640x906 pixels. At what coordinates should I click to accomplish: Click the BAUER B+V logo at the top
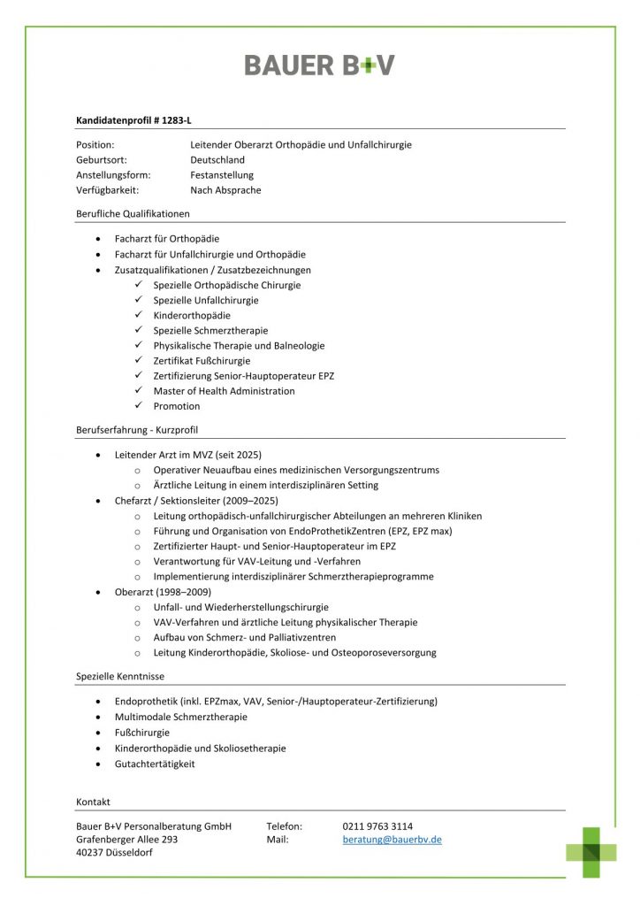(x=319, y=65)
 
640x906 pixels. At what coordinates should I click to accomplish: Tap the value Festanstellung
(x=221, y=175)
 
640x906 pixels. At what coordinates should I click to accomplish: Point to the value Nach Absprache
(x=225, y=190)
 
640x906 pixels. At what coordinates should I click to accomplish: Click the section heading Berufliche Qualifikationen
(x=133, y=213)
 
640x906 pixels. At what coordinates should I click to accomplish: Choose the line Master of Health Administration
(x=224, y=391)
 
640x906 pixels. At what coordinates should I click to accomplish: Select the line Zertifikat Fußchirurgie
(x=202, y=361)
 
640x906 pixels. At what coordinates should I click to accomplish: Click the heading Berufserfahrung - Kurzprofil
(x=136, y=430)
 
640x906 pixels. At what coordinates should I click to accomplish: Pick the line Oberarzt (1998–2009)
(x=163, y=592)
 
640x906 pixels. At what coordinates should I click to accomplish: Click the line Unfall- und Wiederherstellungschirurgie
(x=240, y=607)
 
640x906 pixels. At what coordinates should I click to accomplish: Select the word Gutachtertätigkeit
(x=155, y=764)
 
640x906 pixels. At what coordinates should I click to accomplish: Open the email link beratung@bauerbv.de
(x=392, y=840)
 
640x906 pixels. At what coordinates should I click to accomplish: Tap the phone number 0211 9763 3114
(x=377, y=826)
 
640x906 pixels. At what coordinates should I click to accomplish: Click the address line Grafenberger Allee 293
(x=127, y=840)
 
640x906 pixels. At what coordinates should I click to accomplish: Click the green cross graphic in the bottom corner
(x=591, y=851)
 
